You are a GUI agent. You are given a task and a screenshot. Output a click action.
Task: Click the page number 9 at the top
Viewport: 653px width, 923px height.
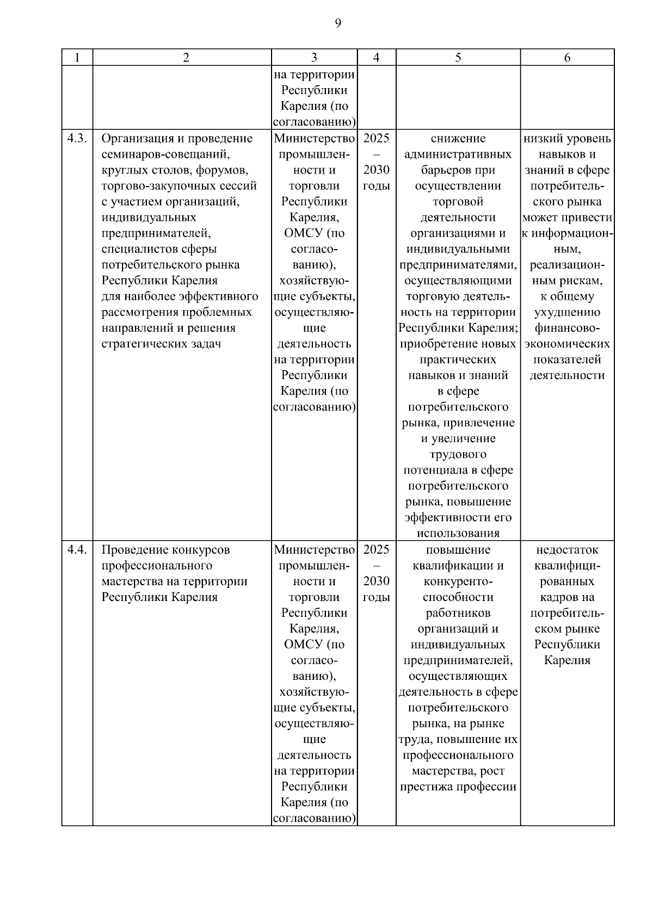(337, 23)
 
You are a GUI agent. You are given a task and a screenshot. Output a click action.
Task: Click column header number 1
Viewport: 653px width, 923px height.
(77, 58)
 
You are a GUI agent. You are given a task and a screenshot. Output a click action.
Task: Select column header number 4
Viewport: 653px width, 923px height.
(376, 58)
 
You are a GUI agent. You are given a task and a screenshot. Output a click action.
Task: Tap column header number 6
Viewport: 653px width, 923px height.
(567, 58)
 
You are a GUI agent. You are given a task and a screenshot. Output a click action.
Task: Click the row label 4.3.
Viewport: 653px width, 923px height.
(77, 138)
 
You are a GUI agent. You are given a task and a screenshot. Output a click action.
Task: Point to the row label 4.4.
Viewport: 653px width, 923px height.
(77, 549)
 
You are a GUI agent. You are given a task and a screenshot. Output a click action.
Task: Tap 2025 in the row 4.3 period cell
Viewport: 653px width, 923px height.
(376, 138)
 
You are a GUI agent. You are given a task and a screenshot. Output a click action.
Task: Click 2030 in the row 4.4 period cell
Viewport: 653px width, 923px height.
(376, 581)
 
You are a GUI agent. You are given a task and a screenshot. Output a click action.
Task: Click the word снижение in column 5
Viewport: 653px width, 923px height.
(458, 138)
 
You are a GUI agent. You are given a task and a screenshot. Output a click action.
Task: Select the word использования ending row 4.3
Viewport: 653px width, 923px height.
(458, 533)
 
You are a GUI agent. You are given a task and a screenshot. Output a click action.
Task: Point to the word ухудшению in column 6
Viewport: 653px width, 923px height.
(567, 312)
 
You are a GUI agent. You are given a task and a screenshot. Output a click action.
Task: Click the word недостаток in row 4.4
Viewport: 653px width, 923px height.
(567, 549)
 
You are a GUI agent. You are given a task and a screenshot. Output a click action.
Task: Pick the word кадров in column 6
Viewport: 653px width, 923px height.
(559, 597)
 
